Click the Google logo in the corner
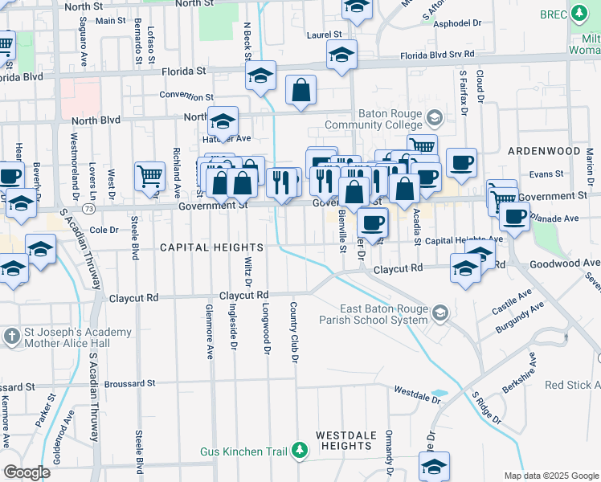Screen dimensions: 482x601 pos(27,472)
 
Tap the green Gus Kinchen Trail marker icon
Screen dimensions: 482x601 pos(300,451)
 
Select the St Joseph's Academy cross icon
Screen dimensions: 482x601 pos(12,334)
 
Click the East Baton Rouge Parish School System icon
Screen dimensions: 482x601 pos(440,312)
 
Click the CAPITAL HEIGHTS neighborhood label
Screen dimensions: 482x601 pos(211,247)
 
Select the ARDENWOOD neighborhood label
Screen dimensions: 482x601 pos(544,151)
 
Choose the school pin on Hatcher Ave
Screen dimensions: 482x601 pos(223,122)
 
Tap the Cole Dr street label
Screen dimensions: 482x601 pos(104,230)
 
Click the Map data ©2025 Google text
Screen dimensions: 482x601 pos(550,476)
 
